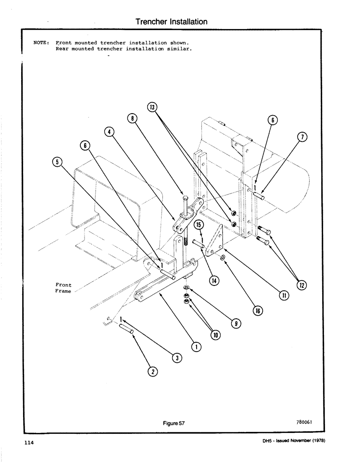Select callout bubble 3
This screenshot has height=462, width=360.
175,357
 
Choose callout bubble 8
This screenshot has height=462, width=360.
133,118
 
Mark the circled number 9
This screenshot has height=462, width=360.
236,324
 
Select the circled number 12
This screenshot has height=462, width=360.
302,286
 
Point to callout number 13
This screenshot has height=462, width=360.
152,108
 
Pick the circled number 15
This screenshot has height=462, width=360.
198,225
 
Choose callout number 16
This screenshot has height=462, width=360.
258,310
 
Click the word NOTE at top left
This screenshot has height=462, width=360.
41,42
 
